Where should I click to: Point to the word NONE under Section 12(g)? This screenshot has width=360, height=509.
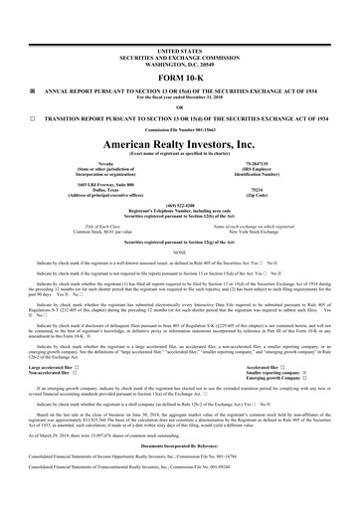pos(179,252)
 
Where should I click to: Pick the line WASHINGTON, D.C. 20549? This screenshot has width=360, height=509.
pos(179,61)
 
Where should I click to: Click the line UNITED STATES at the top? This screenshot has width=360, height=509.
pos(179,49)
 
